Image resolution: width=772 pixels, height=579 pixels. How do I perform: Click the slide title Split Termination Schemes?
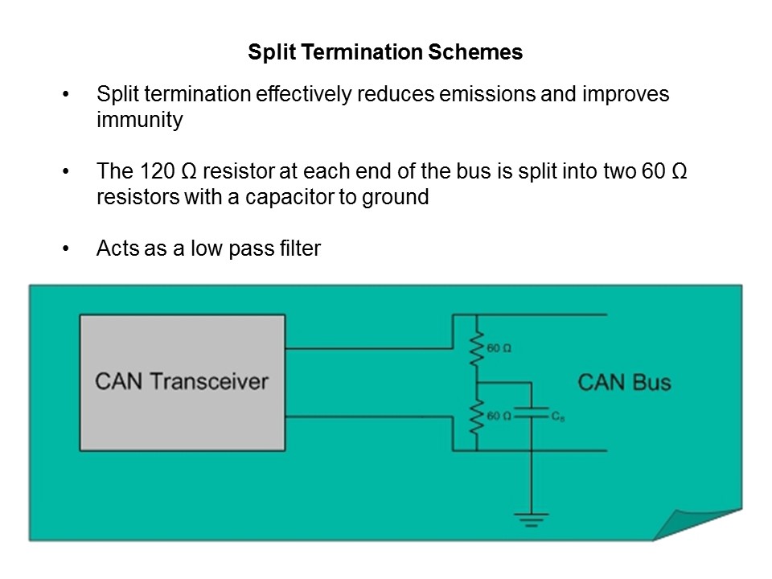click(x=385, y=53)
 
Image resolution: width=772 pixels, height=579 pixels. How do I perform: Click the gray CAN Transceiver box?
click(x=182, y=382)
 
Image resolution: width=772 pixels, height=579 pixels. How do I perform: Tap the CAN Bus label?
click(x=624, y=381)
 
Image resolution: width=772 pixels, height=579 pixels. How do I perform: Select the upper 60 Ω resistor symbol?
click(x=476, y=347)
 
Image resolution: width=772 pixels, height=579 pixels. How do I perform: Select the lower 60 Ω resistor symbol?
click(x=476, y=416)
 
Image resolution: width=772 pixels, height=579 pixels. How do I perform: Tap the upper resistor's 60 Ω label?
click(x=499, y=348)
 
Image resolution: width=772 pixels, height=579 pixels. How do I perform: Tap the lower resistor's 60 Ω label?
click(x=499, y=416)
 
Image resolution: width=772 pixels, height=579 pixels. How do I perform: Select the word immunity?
click(x=139, y=121)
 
